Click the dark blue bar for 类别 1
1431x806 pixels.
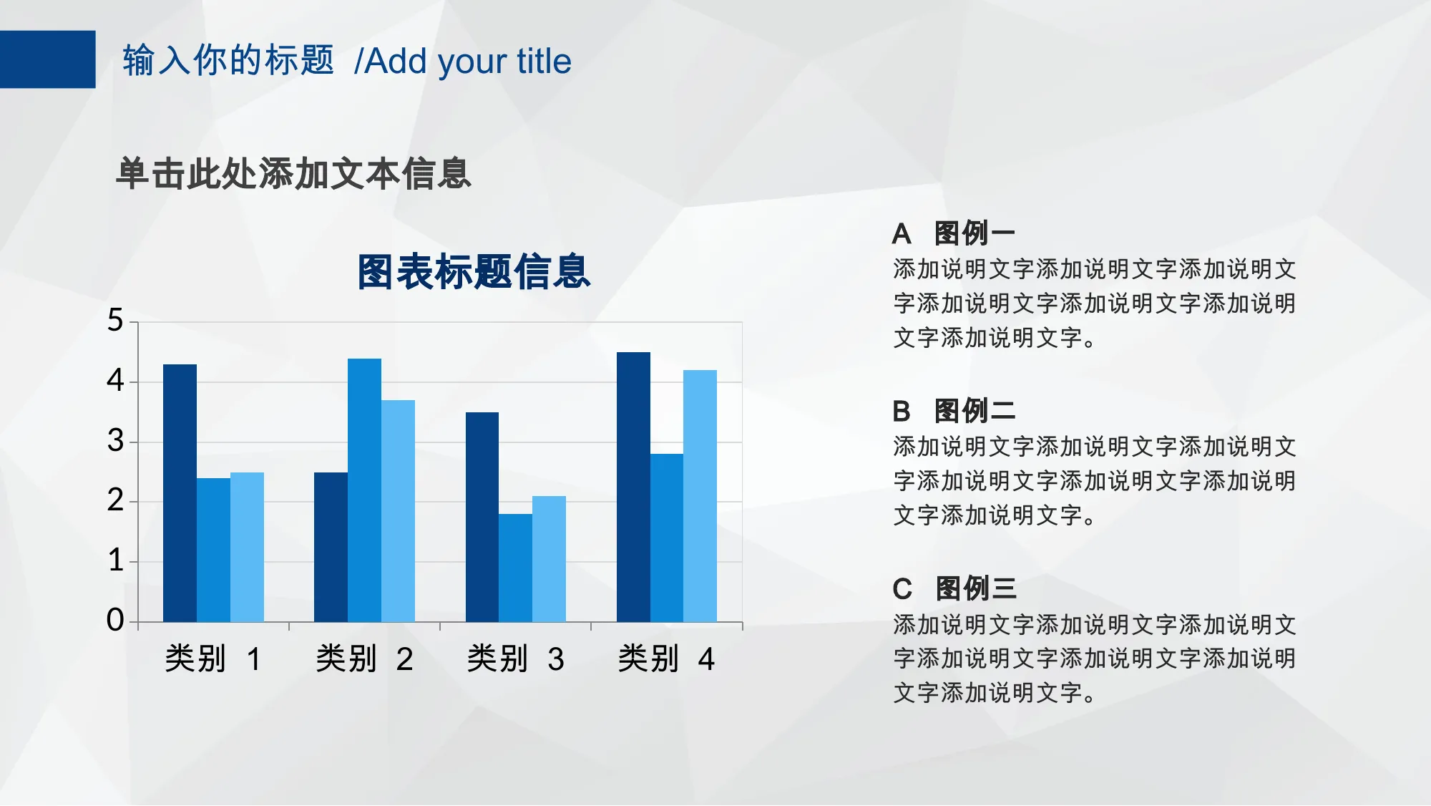[x=180, y=493]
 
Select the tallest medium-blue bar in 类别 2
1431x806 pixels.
[x=364, y=490]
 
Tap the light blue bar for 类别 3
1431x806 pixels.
[x=549, y=559]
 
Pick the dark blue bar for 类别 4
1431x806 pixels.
[x=633, y=487]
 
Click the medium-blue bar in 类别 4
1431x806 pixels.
[x=667, y=538]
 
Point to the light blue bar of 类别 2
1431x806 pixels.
[x=398, y=511]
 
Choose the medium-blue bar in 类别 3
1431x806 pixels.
[x=515, y=568]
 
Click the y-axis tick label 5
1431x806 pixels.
[x=115, y=320]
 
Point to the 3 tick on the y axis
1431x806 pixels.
[x=115, y=441]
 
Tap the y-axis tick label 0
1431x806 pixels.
[x=115, y=620]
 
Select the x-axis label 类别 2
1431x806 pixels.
[x=365, y=659]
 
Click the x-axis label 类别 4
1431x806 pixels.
[x=667, y=659]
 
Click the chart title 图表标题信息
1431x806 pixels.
[x=474, y=272]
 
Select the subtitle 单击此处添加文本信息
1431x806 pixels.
[x=294, y=174]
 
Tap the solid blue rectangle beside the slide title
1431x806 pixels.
[x=47, y=59]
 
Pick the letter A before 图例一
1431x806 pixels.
[x=902, y=234]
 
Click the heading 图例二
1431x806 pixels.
[x=975, y=411]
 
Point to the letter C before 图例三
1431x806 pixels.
[x=902, y=589]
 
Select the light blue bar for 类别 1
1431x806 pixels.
[x=247, y=547]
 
